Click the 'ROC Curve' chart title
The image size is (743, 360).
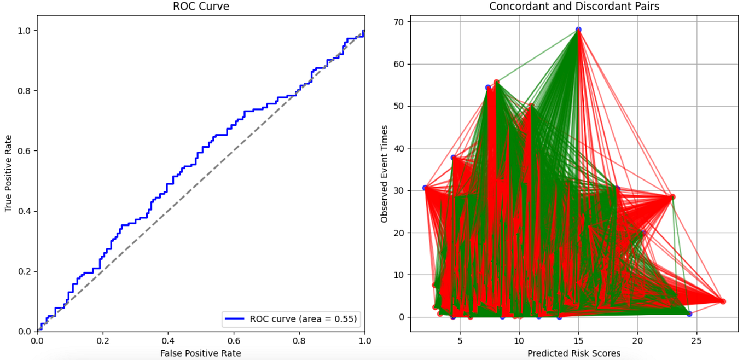coord(201,7)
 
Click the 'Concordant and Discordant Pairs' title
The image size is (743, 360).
coord(574,7)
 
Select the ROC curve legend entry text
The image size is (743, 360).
coord(304,318)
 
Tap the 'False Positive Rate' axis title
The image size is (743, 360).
coord(201,353)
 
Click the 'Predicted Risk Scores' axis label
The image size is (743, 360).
coord(574,353)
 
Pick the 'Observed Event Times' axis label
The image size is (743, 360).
coord(385,174)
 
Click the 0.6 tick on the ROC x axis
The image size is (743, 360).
coord(234,340)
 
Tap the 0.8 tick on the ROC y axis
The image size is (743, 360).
coord(25,91)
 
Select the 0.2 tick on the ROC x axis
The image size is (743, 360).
coord(103,340)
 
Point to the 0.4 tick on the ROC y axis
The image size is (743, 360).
coord(25,211)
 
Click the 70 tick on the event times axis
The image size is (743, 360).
coord(400,22)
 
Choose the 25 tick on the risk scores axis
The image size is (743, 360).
coord(696,340)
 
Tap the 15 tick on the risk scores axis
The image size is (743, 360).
coord(578,340)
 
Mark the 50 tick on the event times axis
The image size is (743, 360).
coord(400,106)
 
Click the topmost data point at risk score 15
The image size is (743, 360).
coord(578,30)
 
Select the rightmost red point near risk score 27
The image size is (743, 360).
coord(723,301)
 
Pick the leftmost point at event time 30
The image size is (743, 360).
coord(425,188)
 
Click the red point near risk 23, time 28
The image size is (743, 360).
coord(672,197)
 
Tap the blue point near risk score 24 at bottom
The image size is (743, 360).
coord(689,314)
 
